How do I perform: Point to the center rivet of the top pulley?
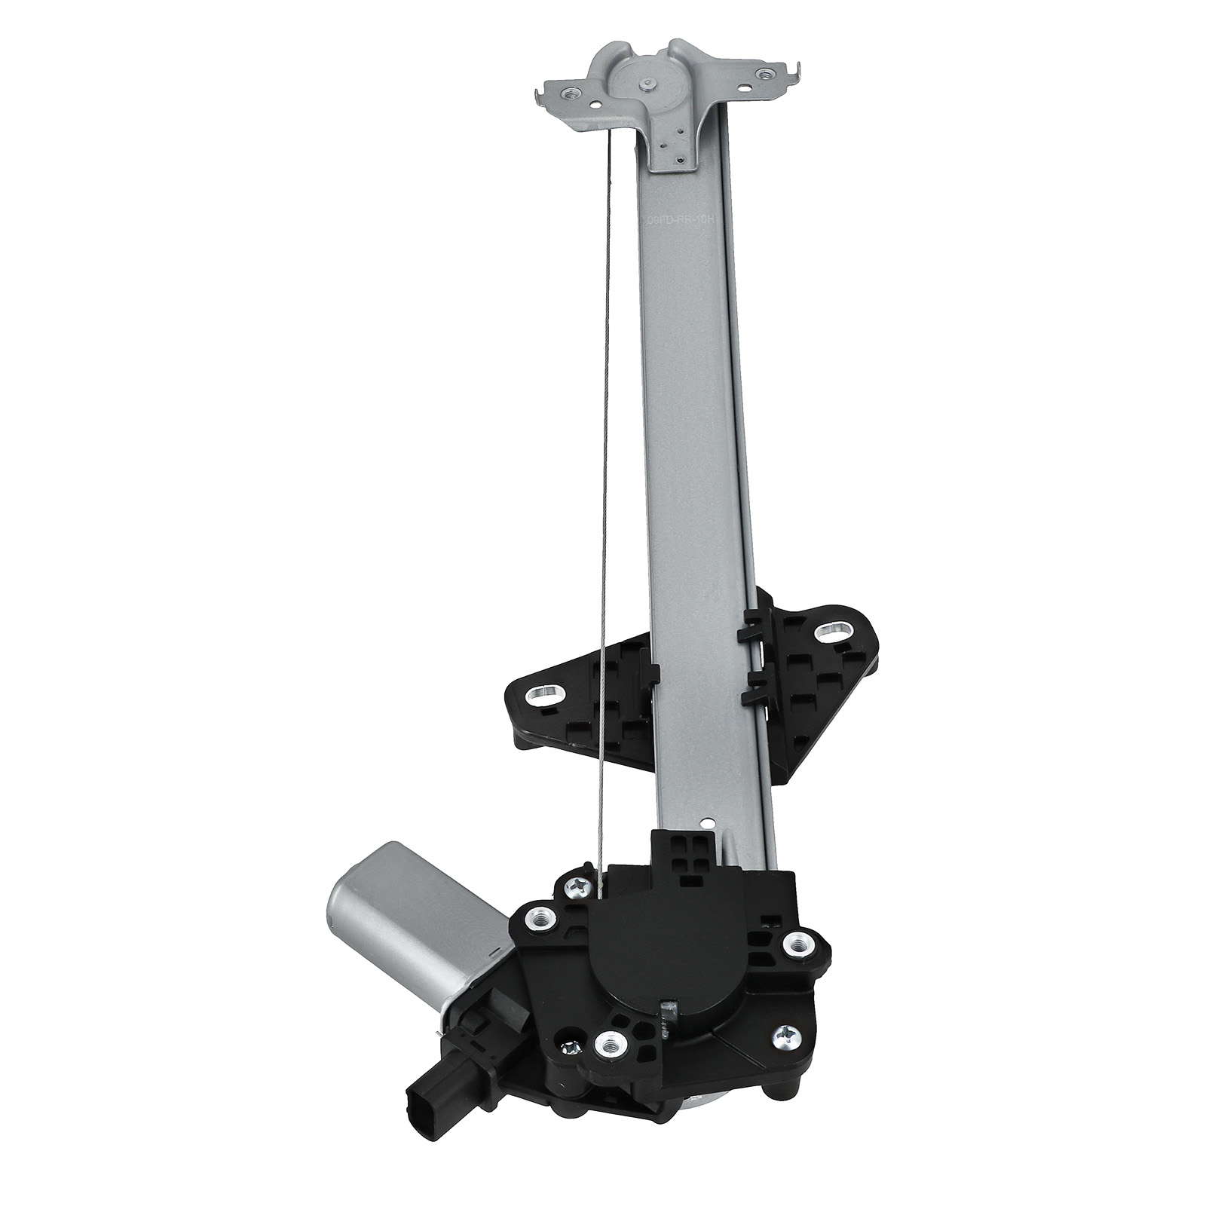[647, 86]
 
